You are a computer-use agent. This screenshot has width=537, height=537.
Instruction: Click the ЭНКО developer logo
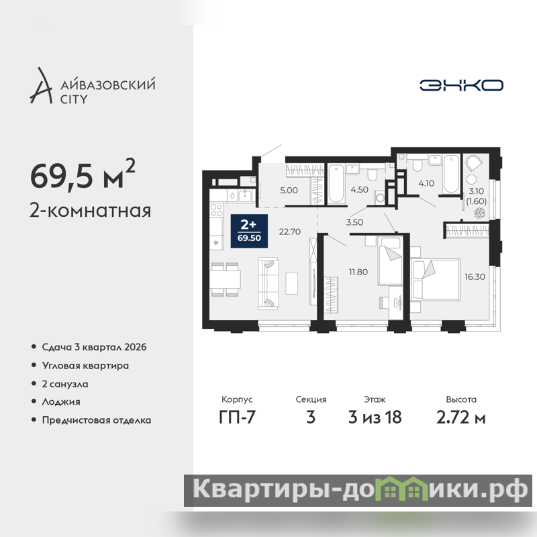coord(461,85)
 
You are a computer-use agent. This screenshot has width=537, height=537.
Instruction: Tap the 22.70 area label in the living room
coord(290,232)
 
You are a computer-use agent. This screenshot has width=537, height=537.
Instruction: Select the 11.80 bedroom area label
coord(358,272)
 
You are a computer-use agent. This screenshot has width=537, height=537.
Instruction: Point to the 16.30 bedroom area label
coord(475,277)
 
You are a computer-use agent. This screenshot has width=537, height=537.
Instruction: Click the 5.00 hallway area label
coord(289,191)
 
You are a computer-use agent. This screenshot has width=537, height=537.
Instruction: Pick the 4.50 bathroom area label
coord(359,190)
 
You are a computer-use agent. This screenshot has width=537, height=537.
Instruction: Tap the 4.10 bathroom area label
coord(426,183)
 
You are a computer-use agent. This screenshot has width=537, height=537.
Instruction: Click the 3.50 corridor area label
coord(354,222)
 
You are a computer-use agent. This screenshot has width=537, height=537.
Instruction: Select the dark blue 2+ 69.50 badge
coord(249,231)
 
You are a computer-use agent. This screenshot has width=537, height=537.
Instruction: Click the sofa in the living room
coord(268,284)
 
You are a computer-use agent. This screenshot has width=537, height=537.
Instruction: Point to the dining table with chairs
coord(225,279)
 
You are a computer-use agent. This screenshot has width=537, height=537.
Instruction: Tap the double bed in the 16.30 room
coord(435,280)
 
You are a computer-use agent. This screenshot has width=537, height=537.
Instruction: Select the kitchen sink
coord(244,196)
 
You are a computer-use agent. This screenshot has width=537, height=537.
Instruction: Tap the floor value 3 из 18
coord(375,418)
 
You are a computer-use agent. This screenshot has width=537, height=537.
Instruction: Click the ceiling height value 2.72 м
coord(461,418)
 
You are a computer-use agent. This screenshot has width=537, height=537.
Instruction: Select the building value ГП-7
coord(237,418)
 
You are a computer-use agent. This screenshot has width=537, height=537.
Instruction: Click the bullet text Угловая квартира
coord(85,366)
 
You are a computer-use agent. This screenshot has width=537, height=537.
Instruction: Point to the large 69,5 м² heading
coord(83,175)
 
